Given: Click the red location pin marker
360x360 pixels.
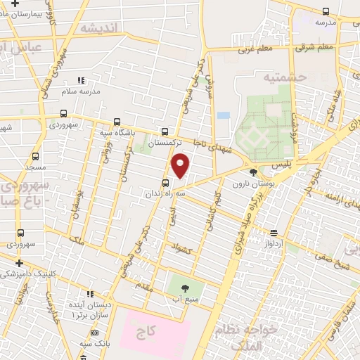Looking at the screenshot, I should (x=181, y=165).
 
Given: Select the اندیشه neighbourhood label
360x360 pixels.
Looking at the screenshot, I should (x=102, y=28).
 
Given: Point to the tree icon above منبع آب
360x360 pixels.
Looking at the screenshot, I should (x=185, y=288).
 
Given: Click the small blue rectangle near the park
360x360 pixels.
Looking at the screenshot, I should (x=224, y=115).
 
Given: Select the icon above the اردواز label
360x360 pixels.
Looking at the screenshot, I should (x=274, y=233).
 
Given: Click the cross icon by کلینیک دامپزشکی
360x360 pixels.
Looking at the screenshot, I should (x=19, y=262).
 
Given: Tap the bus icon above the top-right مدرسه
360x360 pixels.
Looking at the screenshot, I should (x=325, y=11).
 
